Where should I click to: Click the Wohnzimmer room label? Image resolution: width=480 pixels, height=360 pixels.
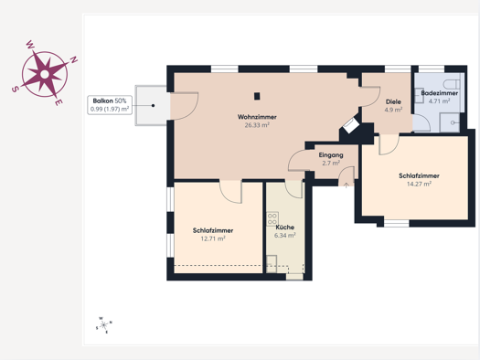257,117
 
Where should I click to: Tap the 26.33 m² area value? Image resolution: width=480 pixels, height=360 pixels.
257,125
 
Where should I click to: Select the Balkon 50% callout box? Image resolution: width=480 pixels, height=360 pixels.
110,105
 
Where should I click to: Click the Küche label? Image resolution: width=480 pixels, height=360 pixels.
284,228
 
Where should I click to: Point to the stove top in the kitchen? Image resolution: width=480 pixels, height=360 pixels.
272,218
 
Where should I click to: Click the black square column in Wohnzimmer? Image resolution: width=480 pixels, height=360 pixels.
257,96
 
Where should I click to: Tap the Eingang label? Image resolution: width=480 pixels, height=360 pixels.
331,155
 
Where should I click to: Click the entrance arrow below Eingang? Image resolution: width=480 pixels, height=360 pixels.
347,185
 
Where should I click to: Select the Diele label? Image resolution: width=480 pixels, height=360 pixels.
393,101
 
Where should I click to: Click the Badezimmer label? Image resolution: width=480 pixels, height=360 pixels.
439,93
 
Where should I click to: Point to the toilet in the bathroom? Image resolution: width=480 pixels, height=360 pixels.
453,83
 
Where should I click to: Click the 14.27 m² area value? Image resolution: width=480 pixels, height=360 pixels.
419,184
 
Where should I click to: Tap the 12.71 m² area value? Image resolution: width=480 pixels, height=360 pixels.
213,238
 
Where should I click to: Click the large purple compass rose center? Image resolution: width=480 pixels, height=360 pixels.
45,74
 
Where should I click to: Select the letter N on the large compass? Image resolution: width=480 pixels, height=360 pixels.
74,59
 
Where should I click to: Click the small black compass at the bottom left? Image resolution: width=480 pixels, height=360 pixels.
104,325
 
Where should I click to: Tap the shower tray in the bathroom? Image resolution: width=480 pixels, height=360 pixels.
450,122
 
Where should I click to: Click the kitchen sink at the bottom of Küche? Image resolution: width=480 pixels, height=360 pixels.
272,264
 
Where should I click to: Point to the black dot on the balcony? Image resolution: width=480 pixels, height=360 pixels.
153,105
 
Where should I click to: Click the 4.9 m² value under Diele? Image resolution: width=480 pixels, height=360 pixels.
393,110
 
